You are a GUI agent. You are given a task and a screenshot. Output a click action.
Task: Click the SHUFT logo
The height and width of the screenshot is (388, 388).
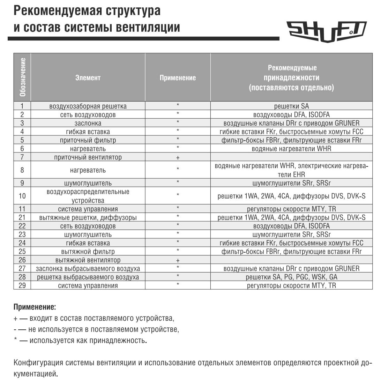click(326, 31)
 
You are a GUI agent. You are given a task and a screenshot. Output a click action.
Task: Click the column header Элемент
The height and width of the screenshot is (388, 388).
click(88, 78)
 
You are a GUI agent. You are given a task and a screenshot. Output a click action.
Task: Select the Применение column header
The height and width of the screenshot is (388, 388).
click(178, 78)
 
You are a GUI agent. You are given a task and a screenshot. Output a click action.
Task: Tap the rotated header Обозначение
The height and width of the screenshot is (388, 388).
click(22, 77)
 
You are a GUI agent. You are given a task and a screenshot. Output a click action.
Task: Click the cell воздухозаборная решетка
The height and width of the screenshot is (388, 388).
click(88, 106)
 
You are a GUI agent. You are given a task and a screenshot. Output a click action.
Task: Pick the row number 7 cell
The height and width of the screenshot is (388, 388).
click(22, 157)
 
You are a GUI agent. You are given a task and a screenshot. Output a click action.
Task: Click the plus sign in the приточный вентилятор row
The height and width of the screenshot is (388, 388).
click(178, 157)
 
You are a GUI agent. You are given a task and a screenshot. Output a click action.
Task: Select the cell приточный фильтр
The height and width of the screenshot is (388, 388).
click(88, 140)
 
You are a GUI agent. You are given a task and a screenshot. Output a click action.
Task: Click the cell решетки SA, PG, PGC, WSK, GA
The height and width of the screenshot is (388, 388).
click(291, 277)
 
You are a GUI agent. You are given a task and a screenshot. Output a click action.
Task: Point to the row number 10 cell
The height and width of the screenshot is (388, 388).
click(22, 196)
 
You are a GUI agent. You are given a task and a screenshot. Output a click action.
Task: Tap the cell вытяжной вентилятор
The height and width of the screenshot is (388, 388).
click(88, 260)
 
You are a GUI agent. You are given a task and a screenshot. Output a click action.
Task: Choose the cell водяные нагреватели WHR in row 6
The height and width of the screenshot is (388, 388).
click(291, 149)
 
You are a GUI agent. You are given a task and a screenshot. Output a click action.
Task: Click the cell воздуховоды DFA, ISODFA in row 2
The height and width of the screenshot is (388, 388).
click(291, 115)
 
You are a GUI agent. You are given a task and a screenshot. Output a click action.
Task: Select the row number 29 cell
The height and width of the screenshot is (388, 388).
click(22, 285)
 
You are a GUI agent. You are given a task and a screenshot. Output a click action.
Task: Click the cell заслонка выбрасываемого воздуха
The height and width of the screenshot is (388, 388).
click(88, 269)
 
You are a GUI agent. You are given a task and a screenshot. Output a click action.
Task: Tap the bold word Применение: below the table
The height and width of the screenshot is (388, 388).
click(35, 307)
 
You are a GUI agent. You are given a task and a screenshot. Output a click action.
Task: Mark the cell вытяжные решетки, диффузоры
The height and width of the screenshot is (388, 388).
click(88, 218)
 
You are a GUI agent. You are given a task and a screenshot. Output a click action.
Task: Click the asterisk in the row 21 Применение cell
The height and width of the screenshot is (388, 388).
click(178, 217)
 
